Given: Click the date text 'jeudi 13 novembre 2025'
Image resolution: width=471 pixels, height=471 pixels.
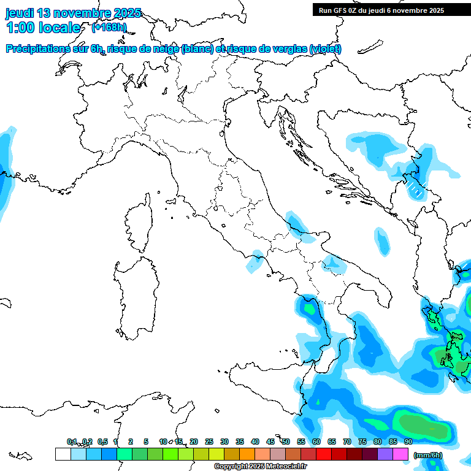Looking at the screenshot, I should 73,13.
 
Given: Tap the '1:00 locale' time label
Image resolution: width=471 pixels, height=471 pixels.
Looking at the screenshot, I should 43,28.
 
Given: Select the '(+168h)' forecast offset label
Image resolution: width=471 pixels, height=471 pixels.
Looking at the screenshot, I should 109,27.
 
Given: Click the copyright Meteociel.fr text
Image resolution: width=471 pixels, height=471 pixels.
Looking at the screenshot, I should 260,466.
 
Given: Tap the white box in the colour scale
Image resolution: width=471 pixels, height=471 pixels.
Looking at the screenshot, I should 63,454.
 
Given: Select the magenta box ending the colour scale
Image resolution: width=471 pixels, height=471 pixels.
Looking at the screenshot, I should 400,454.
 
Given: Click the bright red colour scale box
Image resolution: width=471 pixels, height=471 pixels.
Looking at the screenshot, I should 324,454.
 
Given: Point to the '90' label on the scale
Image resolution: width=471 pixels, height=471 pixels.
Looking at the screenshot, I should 408,442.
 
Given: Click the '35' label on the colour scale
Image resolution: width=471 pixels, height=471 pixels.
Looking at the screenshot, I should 239,442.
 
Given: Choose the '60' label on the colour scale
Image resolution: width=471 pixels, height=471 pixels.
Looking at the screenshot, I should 316,442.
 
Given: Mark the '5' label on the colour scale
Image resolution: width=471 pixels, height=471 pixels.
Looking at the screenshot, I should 146,442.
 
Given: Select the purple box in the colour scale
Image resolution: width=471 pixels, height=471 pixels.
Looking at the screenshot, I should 385,454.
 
